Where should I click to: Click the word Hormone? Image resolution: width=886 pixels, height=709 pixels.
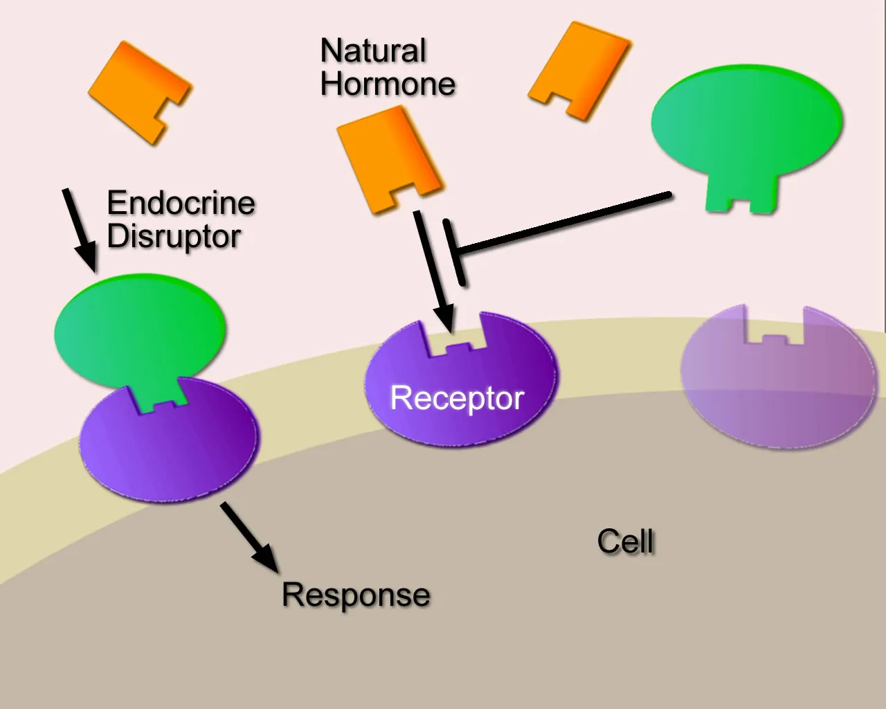click(x=388, y=84)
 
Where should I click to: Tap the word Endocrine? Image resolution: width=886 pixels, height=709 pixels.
click(x=181, y=203)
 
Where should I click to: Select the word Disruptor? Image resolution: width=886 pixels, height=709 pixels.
click(x=174, y=236)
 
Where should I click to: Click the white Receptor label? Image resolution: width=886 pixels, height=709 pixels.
click(x=457, y=398)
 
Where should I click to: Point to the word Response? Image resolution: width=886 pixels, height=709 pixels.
click(x=356, y=595)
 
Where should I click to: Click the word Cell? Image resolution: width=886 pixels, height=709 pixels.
click(x=625, y=541)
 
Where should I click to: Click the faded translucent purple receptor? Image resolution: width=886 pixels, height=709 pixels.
click(x=777, y=388)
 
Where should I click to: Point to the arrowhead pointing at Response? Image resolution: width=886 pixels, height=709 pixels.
click(x=266, y=558)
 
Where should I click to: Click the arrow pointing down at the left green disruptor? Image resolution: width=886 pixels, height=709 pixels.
click(x=79, y=228)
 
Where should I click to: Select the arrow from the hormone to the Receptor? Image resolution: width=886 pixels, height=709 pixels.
click(x=433, y=270)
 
